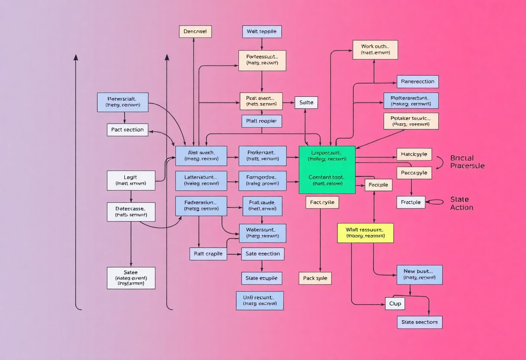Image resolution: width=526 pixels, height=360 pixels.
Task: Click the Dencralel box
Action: (x=195, y=32)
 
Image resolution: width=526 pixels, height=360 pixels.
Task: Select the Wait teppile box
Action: (x=262, y=32)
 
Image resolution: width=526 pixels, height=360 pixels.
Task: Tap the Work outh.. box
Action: (x=375, y=50)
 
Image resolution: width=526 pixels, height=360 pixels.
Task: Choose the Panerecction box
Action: (x=418, y=81)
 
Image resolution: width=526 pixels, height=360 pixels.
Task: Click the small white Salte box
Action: (x=306, y=103)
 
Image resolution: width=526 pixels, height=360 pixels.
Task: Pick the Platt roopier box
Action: (x=262, y=121)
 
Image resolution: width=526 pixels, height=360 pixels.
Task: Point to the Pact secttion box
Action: (x=127, y=130)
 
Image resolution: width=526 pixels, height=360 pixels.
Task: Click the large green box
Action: (x=327, y=170)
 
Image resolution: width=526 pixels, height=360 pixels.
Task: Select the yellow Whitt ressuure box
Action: (x=365, y=233)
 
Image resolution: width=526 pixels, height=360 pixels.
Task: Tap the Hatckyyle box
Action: (x=414, y=154)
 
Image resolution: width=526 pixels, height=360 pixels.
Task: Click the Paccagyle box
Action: (x=414, y=173)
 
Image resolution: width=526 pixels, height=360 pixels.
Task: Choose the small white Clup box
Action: (x=395, y=304)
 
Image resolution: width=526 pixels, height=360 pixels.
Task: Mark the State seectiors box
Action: (x=419, y=322)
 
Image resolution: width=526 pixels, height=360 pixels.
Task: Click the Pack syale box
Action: (x=315, y=278)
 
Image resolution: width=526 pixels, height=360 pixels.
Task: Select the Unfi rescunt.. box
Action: (x=260, y=300)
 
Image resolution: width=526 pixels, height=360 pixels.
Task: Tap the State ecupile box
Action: (x=262, y=278)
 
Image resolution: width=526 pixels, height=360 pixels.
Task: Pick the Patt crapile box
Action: (x=208, y=254)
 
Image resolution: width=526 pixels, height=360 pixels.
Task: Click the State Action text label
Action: (x=462, y=203)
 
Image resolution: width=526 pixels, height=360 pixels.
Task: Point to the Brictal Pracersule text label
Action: (x=467, y=162)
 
